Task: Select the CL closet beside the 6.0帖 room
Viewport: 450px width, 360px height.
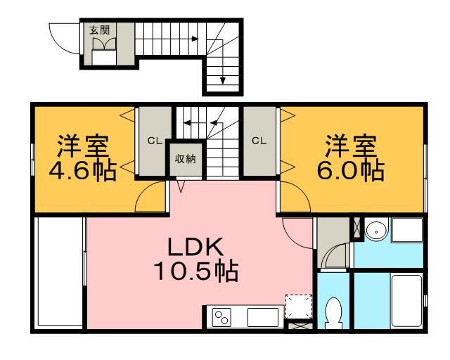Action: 259,140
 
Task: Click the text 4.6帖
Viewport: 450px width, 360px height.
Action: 83,172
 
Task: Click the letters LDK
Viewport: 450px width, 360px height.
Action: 195,247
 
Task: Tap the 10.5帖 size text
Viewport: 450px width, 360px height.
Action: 195,271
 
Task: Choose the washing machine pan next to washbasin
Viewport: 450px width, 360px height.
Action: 406,231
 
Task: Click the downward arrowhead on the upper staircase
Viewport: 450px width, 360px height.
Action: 223,80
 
